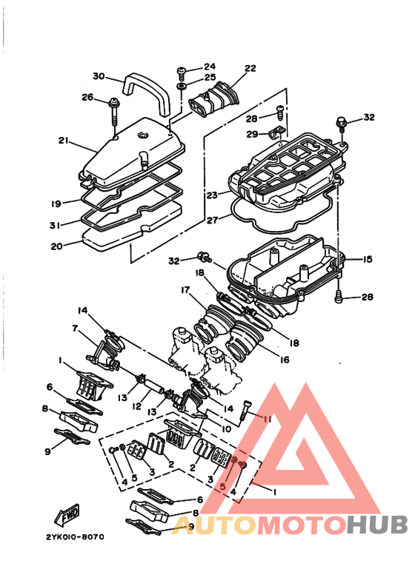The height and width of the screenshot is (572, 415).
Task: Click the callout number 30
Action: (99, 76)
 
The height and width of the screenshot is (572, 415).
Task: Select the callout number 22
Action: (250, 69)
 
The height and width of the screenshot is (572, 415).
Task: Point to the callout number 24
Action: (209, 67)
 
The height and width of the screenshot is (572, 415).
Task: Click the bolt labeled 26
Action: (115, 108)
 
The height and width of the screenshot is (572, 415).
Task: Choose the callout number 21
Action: (63, 141)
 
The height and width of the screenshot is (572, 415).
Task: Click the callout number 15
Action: (368, 260)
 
